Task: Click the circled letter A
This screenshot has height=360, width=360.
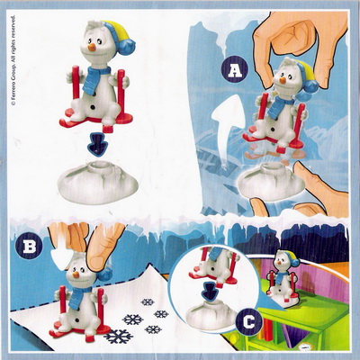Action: [235, 71]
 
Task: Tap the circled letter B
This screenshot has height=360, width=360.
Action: [30, 247]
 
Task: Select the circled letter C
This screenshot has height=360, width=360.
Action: [249, 322]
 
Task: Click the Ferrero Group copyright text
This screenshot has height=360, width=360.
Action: [13, 60]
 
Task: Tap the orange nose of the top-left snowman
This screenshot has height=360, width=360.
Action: [92, 47]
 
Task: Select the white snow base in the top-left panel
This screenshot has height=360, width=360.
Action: [97, 182]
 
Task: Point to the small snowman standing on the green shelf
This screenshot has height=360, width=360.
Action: [284, 280]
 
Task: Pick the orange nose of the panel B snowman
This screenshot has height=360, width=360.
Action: [76, 274]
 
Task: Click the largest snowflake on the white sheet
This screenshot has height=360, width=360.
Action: [118, 337]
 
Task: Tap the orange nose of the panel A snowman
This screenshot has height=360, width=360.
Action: [282, 80]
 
